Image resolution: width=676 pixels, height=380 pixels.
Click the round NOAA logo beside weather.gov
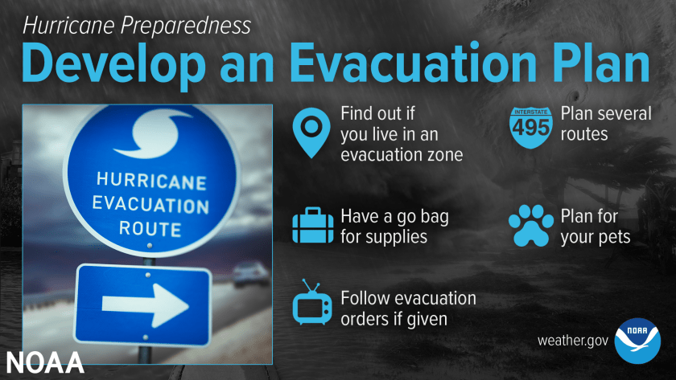pyautogui.click(x=637, y=340)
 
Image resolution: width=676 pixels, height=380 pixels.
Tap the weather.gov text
pyautogui.click(x=572, y=341)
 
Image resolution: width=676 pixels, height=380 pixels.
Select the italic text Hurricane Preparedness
pyautogui.click(x=136, y=25)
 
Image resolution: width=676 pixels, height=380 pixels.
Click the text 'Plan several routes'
pyautogui.click(x=605, y=123)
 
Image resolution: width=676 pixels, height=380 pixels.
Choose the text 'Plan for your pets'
pyautogui.click(x=596, y=227)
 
